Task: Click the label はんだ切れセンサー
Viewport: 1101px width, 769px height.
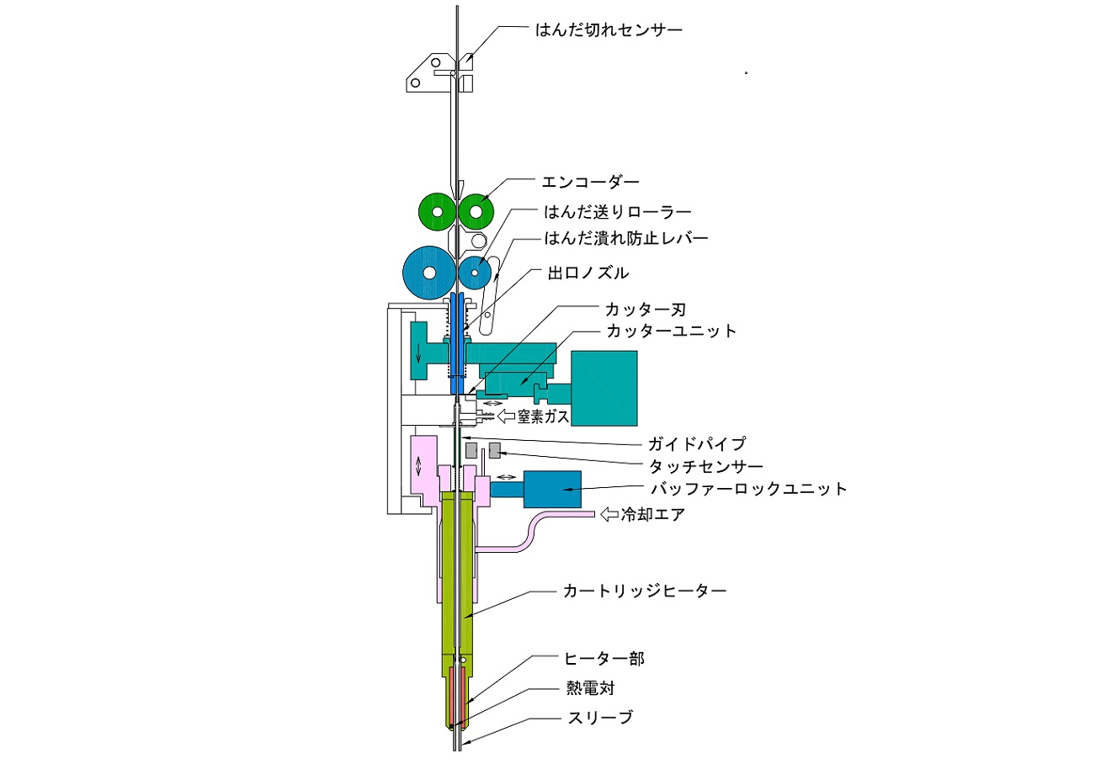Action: [609, 30]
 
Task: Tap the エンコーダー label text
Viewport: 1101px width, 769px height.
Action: [590, 183]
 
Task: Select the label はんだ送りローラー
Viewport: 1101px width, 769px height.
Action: [617, 212]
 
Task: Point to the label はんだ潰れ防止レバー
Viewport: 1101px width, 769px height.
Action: [625, 238]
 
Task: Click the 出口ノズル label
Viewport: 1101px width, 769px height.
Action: [588, 273]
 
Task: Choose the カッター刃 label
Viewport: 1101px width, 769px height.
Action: [645, 310]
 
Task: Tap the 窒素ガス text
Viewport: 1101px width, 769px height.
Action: [543, 416]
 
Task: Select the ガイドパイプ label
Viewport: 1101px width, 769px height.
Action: [697, 444]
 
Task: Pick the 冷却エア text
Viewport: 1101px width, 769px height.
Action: [652, 514]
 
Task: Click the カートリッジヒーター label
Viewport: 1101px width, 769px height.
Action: [645, 591]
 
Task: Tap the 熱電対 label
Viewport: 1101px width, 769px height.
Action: [590, 688]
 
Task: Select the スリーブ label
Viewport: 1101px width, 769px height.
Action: [600, 718]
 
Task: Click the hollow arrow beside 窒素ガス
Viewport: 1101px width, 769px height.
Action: [506, 416]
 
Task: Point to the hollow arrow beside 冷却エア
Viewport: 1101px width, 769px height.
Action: [609, 514]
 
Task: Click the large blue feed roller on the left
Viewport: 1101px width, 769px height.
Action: [429, 273]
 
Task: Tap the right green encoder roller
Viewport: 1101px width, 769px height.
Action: [476, 212]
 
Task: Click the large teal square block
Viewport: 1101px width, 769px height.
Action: [604, 388]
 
